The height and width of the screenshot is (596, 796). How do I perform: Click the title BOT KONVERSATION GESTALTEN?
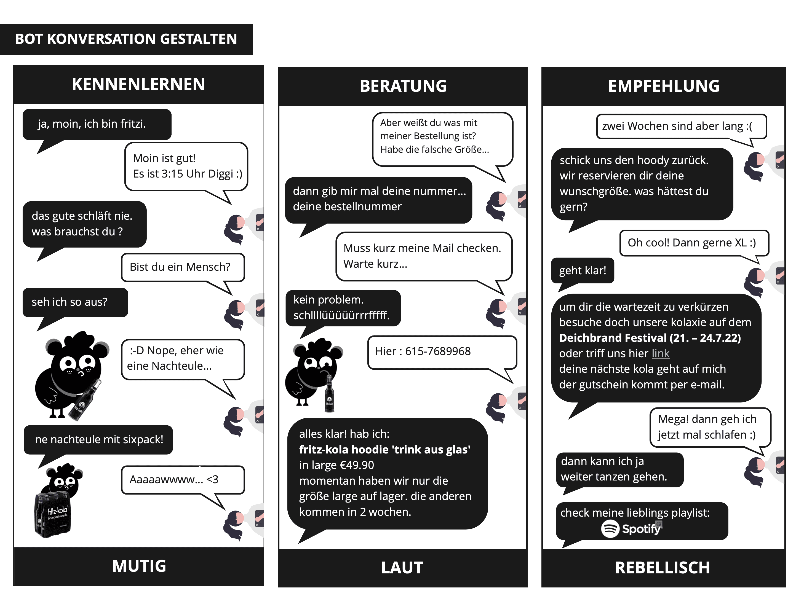126,39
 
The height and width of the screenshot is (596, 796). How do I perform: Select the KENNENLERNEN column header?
138,84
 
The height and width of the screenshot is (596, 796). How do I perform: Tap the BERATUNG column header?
403,86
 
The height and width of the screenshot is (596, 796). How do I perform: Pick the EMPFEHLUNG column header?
664,86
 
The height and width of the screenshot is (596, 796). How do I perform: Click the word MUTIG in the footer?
139,566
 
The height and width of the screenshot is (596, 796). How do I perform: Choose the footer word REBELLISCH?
662,568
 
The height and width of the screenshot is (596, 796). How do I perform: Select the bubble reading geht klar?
582,270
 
